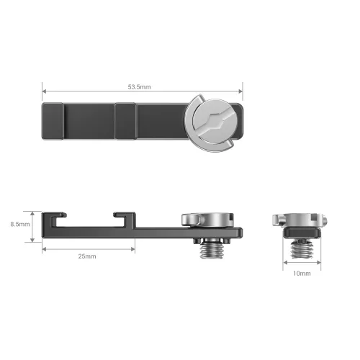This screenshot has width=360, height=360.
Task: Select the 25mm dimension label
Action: pos(88,256)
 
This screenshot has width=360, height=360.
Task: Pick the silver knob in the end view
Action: pos(301,218)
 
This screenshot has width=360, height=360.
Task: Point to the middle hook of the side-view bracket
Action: pos(124,217)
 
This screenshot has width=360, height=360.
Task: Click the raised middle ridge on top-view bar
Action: pos(126,120)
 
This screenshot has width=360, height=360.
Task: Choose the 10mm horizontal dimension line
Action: pos(302,266)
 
